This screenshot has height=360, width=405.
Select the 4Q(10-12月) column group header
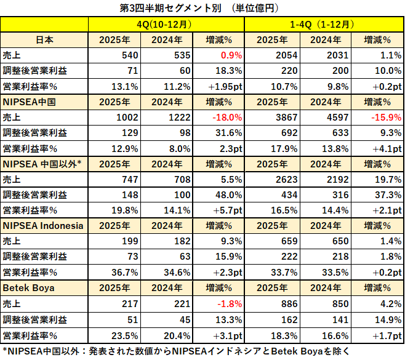pyautogui.click(x=166, y=25)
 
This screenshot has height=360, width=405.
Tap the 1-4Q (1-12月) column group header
pyautogui.click(x=324, y=25)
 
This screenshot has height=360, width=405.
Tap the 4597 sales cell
pyautogui.click(x=329, y=116)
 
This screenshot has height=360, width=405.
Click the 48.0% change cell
pyautogui.click(x=228, y=194)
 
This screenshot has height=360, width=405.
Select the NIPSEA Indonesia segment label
pyautogui.click(x=43, y=225)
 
